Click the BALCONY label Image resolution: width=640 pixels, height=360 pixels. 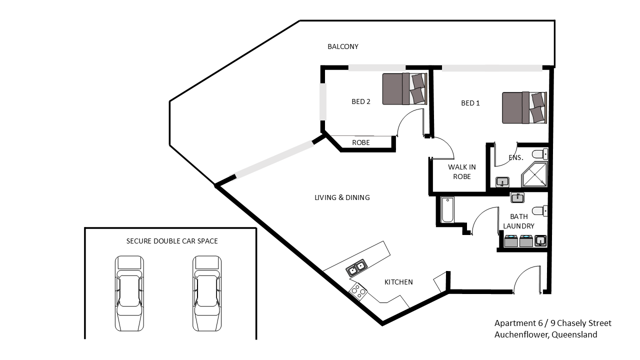click(x=343, y=46)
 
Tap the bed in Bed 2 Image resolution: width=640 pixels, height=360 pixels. click(x=404, y=89)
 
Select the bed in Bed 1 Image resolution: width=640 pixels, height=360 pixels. click(x=524, y=107)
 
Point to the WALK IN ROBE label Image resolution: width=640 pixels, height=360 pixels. click(x=461, y=171)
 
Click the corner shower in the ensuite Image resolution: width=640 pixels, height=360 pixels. click(x=534, y=174)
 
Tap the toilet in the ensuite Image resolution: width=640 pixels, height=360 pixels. click(x=540, y=154)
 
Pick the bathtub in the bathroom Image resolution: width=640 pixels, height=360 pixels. click(x=447, y=209)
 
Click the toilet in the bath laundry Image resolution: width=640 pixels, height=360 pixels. click(x=540, y=211)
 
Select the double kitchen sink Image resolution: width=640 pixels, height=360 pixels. click(x=356, y=267)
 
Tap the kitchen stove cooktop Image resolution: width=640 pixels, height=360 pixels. click(x=358, y=291)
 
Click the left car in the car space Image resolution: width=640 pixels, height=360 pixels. click(x=129, y=293)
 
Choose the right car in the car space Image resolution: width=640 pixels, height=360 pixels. click(x=207, y=293)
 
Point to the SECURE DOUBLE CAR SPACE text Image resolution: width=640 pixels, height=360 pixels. click(x=172, y=241)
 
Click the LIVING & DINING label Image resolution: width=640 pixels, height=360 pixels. click(x=342, y=197)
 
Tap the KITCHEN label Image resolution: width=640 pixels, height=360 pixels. click(x=398, y=282)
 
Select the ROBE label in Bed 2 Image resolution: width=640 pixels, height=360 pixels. click(x=361, y=142)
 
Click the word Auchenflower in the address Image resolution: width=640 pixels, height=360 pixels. click(x=520, y=334)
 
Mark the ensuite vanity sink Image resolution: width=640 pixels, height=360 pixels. click(x=502, y=182)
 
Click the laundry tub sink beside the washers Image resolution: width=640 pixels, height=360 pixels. click(x=540, y=240)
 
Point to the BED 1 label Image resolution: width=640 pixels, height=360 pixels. click(x=470, y=103)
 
